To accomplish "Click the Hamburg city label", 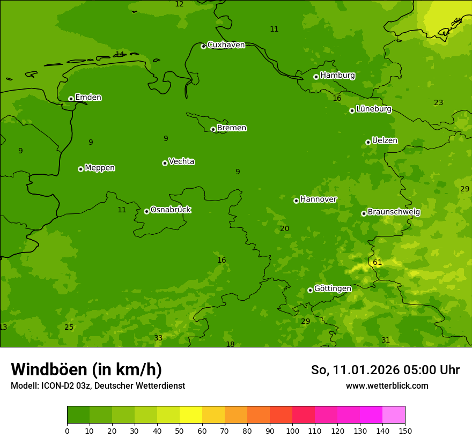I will (337, 76).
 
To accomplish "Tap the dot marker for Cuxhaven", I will (203, 47).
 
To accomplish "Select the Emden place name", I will (88, 98).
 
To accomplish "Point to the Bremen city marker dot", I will (213, 129).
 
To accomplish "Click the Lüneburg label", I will (373, 109).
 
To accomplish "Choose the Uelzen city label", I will (385, 140).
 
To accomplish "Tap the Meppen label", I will (100, 168).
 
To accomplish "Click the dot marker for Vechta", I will (165, 163).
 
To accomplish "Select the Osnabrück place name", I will (171, 210).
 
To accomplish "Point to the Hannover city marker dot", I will (296, 201).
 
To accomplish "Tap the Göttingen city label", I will (333, 288).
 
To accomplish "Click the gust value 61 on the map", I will (378, 262).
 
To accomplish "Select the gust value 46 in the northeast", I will (458, 21).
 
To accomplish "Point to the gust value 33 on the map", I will (158, 338).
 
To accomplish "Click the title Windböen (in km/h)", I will (86, 369).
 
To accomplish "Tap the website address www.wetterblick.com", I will (387, 385).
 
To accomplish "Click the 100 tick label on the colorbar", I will (292, 431).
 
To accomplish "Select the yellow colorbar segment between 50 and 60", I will (191, 415).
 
